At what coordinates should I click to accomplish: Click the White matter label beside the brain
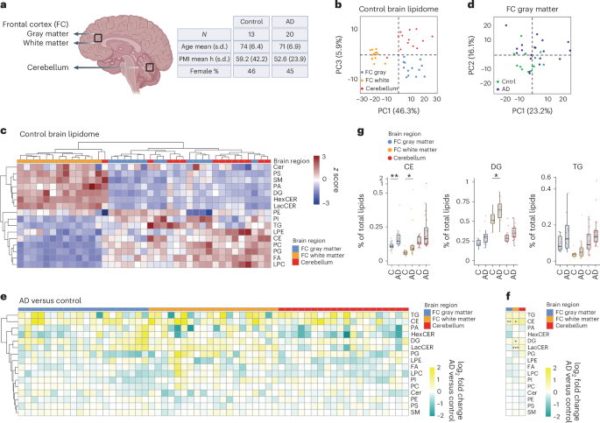(x=28, y=43)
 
